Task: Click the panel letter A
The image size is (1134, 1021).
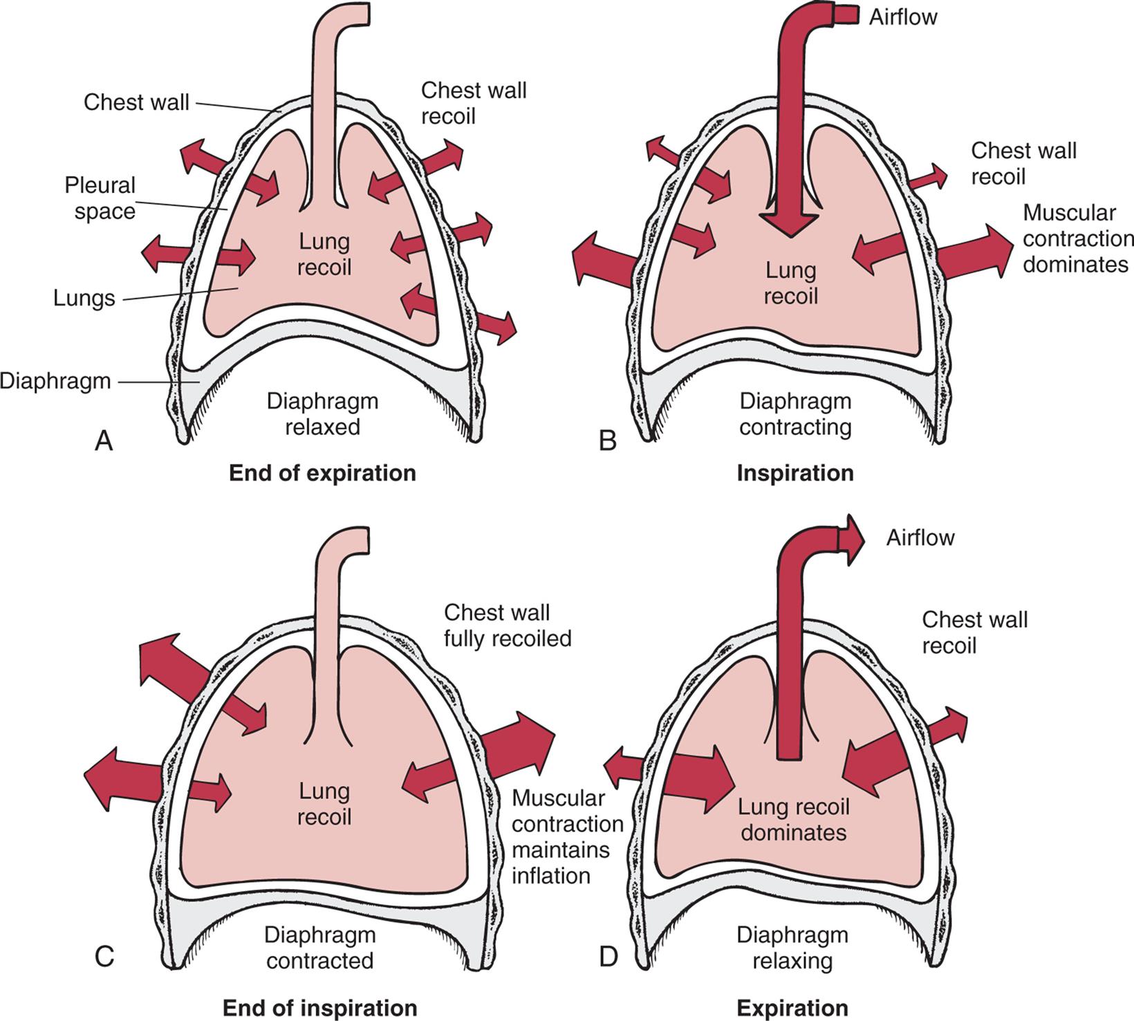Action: click(103, 440)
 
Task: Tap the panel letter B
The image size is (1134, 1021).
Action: click(607, 440)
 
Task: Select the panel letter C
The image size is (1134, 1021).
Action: click(104, 958)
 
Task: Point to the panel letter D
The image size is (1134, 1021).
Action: click(608, 958)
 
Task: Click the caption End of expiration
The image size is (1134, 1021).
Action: click(322, 474)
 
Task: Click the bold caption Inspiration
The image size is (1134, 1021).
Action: click(795, 474)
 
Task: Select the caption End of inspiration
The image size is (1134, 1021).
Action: click(319, 1008)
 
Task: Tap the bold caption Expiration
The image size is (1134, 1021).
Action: click(792, 1008)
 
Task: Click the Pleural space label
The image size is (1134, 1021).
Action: click(101, 198)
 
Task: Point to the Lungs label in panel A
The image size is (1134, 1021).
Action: click(84, 299)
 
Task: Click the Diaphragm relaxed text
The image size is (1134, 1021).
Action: click(322, 414)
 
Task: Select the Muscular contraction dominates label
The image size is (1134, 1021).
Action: click(1077, 238)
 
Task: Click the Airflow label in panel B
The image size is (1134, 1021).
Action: click(903, 17)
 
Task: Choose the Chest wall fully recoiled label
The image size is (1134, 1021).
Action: click(508, 625)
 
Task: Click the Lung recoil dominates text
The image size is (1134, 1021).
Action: click(793, 819)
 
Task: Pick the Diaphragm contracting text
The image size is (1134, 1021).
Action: click(795, 414)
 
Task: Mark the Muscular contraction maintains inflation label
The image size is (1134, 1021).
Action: click(567, 837)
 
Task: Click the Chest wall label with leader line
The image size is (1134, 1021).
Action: click(136, 102)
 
